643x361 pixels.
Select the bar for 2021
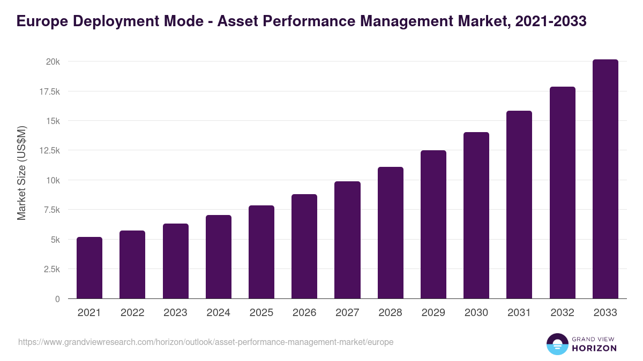point(89,268)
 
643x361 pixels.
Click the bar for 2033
point(605,179)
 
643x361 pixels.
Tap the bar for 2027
point(347,240)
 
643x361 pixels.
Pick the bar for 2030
point(476,216)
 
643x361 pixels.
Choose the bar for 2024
point(219,257)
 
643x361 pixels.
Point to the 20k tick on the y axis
point(53,62)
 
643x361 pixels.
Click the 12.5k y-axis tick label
point(49,151)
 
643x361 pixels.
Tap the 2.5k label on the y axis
point(51,269)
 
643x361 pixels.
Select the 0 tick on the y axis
point(57,299)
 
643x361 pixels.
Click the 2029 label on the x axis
point(433,313)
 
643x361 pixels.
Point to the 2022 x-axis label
point(132,313)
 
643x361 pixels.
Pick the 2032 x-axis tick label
point(562,313)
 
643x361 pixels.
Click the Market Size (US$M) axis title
point(21,173)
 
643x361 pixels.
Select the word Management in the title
point(409,21)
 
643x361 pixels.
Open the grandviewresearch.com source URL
point(206,342)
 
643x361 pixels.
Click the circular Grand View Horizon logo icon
point(557,344)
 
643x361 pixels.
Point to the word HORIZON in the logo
point(594,348)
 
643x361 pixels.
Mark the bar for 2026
point(304,247)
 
